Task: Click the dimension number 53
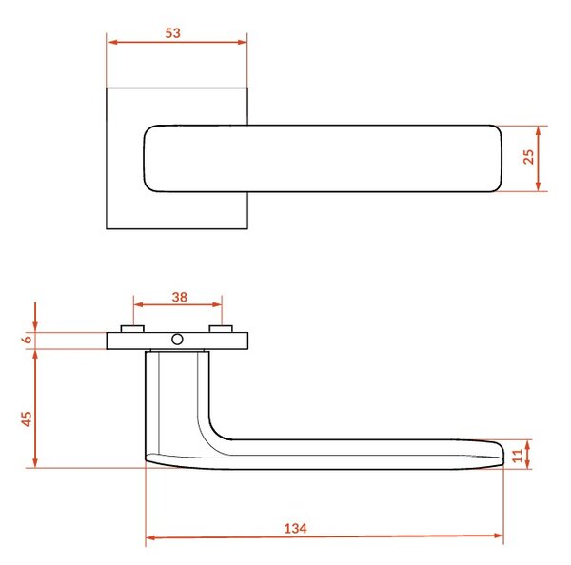pos(172,33)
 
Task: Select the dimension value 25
pos(528,157)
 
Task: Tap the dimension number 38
pos(180,297)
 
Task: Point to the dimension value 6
pos(28,340)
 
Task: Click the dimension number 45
pos(27,419)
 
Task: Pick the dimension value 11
pos(518,456)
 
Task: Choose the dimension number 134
pos(295,528)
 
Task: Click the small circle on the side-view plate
pos(177,340)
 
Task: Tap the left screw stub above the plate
pos(132,329)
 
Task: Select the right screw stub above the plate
pos(221,329)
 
